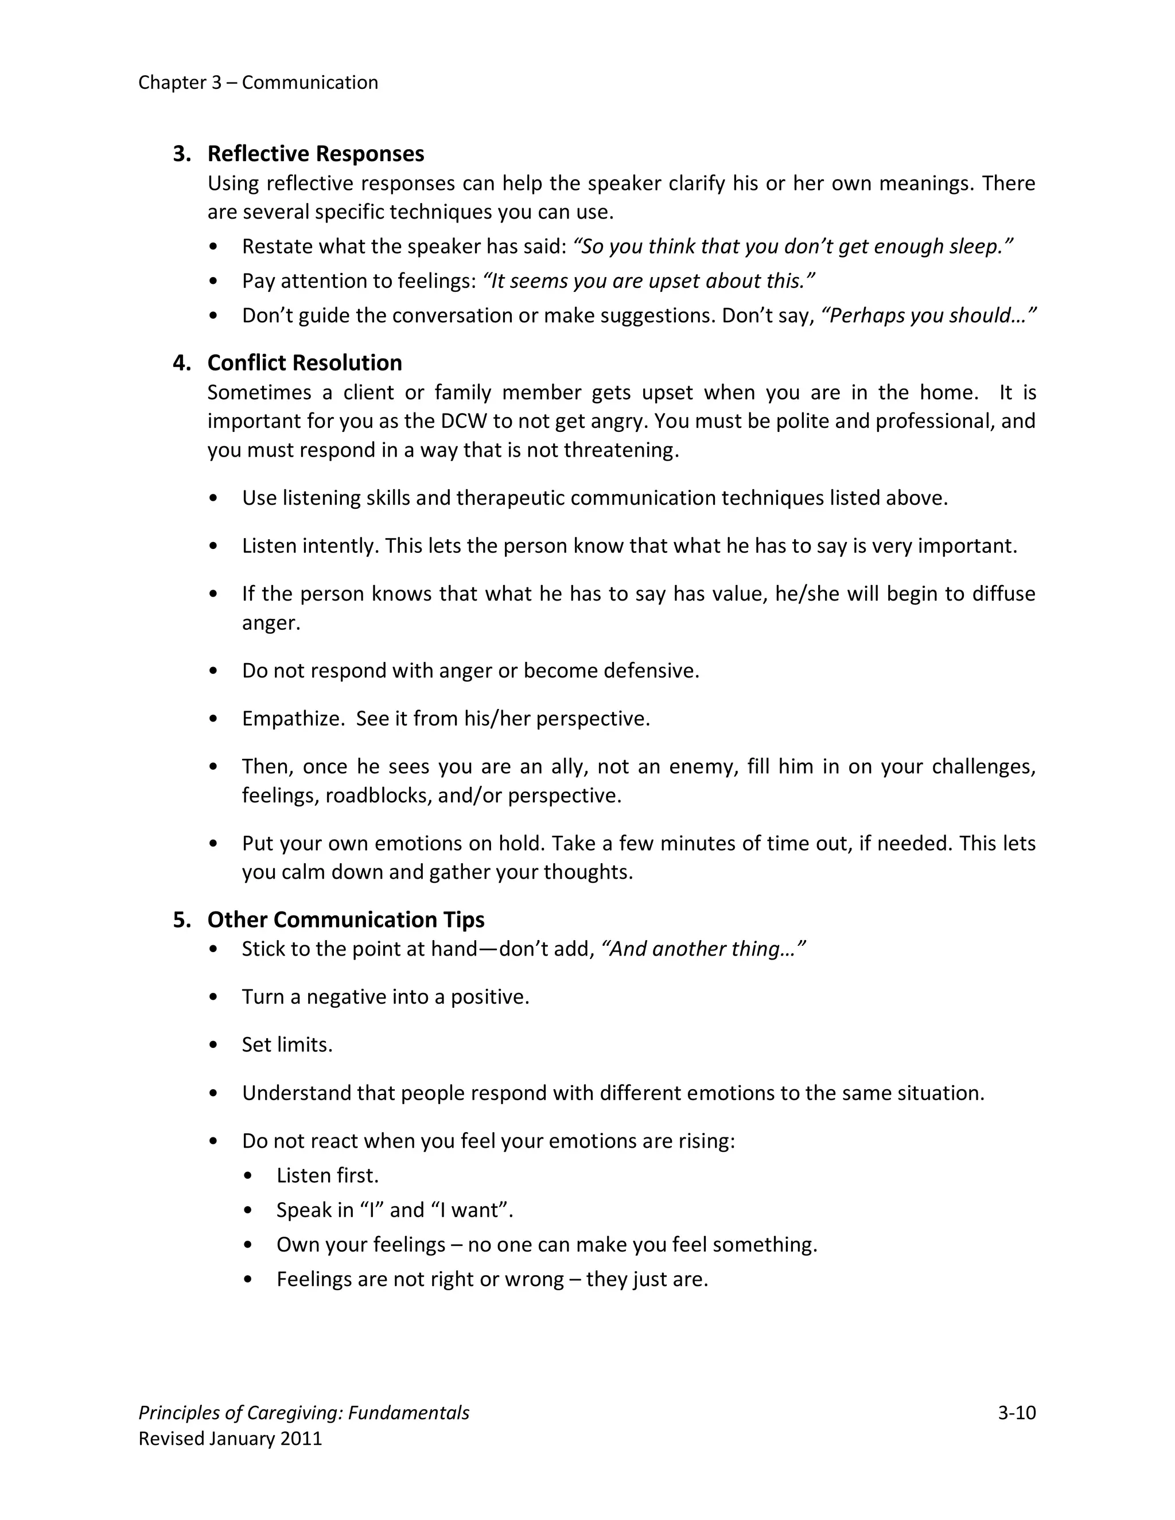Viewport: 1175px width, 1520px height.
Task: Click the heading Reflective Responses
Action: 316,153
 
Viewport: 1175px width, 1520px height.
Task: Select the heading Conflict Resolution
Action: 304,363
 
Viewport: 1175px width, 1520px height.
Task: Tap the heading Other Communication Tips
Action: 345,919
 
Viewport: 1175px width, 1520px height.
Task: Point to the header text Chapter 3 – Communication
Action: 258,82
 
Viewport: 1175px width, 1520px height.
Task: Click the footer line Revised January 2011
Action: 229,1438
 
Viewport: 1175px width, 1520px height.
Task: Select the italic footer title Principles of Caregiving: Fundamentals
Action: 304,1412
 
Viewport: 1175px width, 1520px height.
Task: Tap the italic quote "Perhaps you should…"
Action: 929,315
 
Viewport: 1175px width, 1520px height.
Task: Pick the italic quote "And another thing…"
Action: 702,949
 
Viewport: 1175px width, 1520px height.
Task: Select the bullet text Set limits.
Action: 287,1044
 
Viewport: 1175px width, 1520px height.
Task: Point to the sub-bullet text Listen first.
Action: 327,1175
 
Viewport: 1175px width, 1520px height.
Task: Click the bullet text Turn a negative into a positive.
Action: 385,997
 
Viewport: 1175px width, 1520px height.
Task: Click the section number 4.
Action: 181,363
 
